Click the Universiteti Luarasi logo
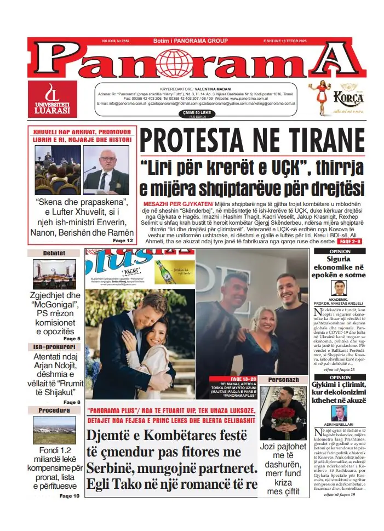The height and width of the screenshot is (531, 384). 52,99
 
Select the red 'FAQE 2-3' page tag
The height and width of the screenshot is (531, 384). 349,241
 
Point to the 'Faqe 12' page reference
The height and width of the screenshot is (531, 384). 123,241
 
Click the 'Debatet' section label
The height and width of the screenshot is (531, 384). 54,253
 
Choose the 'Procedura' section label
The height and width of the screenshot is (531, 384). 54,410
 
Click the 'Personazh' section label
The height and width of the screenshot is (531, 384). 283,379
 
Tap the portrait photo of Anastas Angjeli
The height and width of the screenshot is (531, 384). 340,288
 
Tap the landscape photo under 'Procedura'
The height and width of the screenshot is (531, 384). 54,430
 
